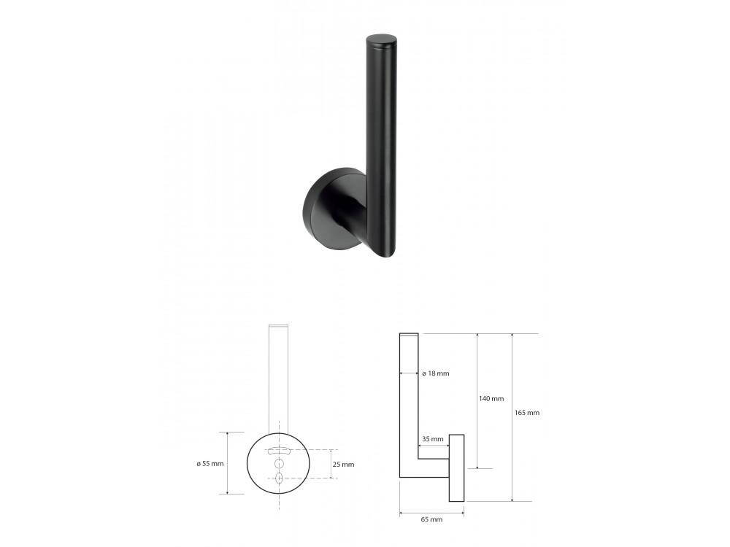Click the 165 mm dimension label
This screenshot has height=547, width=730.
point(527,413)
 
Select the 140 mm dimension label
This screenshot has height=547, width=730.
point(491,399)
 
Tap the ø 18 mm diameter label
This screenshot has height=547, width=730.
point(436,373)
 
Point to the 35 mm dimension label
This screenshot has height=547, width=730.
point(432,438)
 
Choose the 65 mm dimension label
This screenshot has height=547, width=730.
point(431,519)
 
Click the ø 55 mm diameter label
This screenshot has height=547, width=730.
point(210,463)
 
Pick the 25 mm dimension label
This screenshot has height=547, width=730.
point(344,464)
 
